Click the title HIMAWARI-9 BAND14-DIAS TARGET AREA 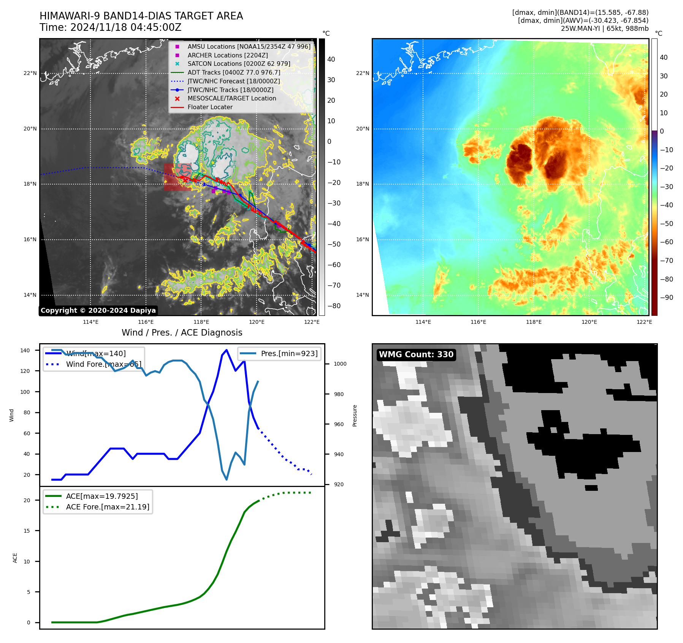coord(141,16)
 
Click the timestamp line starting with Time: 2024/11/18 coord(110,27)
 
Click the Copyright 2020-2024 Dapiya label coord(98,310)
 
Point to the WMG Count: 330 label coord(416,355)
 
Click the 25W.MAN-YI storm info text coord(604,29)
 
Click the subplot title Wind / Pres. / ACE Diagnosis coord(182,333)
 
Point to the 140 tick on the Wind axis coord(25,350)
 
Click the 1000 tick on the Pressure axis coord(340,364)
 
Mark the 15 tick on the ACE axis coord(27,531)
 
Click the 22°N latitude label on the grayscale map coord(30,73)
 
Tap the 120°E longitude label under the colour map coord(589,322)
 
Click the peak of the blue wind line coord(227,350)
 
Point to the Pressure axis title coord(355,415)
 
